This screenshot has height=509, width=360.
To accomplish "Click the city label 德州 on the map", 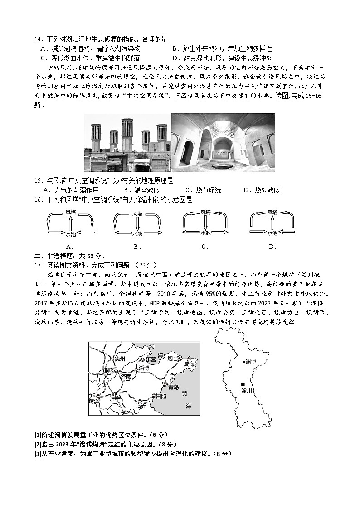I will pos(119,358).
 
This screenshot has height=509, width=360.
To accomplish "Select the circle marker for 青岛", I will pos(166,384).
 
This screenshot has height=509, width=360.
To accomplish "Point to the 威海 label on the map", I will pos(190,364).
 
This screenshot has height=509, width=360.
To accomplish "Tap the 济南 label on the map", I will pos(126,376).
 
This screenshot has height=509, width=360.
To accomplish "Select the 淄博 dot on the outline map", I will pos(244,362).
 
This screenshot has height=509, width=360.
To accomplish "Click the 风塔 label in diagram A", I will pos(70,212).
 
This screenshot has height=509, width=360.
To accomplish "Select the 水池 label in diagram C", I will pos(205,233).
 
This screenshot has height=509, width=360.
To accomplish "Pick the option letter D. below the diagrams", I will pos(272,247).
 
